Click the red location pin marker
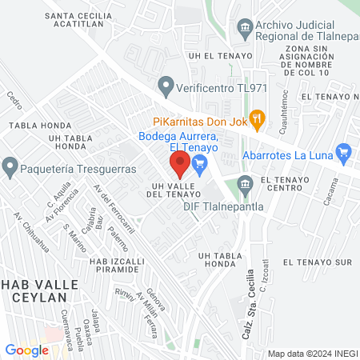(x=180, y=165)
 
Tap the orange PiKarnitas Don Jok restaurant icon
(x=257, y=121)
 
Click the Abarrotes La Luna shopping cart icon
(x=345, y=150)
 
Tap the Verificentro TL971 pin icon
(x=166, y=82)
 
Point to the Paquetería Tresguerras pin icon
(x=10, y=167)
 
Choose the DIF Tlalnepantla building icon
(x=246, y=186)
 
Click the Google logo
(x=27, y=350)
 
